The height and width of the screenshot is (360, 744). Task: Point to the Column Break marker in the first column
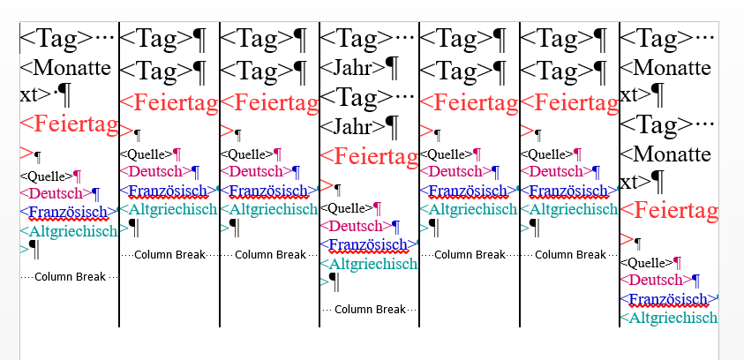(70, 276)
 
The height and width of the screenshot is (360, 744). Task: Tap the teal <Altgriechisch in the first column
(69, 231)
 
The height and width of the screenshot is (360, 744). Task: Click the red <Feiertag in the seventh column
(669, 211)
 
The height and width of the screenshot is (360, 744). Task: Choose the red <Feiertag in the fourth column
(368, 157)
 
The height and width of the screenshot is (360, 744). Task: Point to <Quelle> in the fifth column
(446, 154)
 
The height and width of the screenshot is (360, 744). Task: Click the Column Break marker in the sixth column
(570, 254)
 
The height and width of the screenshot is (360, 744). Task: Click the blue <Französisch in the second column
(168, 190)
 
